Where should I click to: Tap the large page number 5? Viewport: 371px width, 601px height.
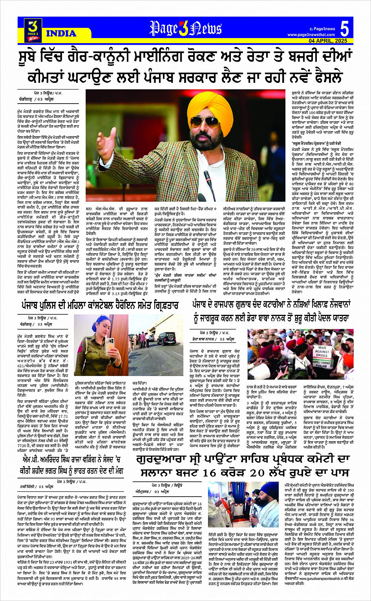click(x=344, y=29)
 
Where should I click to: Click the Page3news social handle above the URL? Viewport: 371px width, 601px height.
click(x=324, y=29)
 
